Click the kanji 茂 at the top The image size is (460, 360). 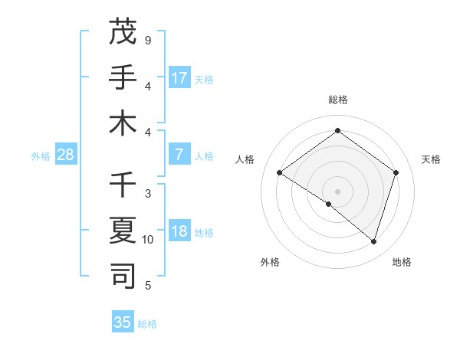click(123, 31)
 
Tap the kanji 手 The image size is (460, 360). click(123, 77)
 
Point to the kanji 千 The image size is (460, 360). click(123, 185)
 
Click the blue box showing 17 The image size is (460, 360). click(179, 77)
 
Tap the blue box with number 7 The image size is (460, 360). click(179, 155)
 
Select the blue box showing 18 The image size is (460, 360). click(179, 231)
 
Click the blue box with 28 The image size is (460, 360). click(66, 155)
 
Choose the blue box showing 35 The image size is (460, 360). click(123, 322)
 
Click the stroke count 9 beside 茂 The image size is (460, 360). click(148, 40)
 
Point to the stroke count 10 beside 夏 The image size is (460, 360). click(148, 240)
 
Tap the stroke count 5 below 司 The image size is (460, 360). click(148, 286)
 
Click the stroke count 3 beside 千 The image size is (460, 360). click(148, 194)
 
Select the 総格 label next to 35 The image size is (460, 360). click(147, 324)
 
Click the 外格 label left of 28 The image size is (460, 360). click(41, 156)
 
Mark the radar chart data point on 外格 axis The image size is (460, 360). click(329, 204)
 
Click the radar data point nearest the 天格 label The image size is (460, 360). click(396, 173)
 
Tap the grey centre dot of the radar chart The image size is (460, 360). click(337, 190)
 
